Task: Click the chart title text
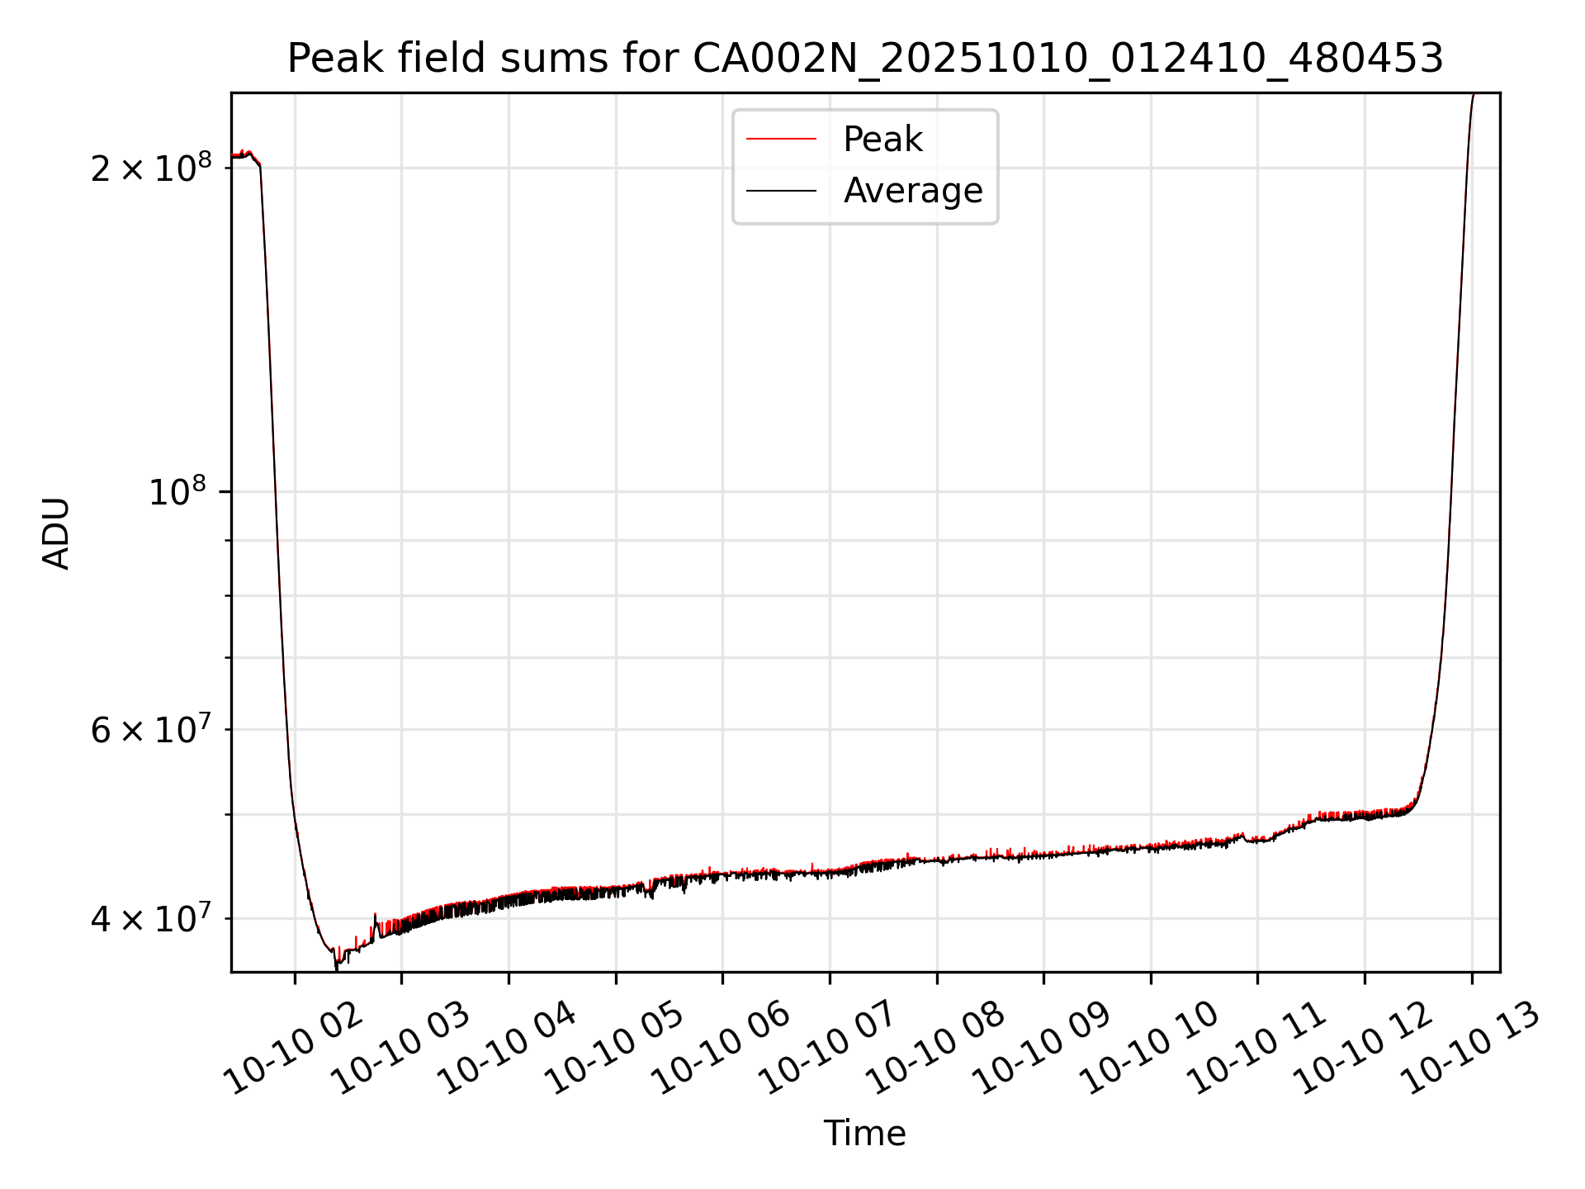[x=864, y=59]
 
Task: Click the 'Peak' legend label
[x=882, y=140]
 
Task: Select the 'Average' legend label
[x=912, y=191]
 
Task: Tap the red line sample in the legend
[x=781, y=140]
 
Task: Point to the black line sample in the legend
[x=781, y=191]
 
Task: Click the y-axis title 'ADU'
[x=56, y=533]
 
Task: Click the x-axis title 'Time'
[x=864, y=1134]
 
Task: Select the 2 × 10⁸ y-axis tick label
[x=150, y=168]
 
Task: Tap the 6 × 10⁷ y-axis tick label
[x=150, y=730]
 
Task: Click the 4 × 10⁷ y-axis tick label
[x=150, y=918]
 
